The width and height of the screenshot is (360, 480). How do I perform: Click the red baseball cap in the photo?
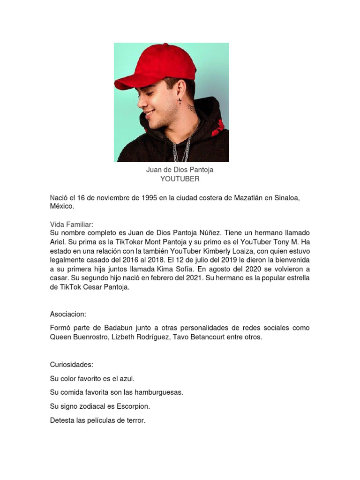tap(150, 66)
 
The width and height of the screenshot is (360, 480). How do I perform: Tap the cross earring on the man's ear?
tap(180, 102)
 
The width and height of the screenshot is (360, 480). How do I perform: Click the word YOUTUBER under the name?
tap(180, 179)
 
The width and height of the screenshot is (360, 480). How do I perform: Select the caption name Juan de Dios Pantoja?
tap(180, 170)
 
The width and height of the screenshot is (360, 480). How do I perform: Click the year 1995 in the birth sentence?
tap(147, 198)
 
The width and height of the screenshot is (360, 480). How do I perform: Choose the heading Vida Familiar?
tap(72, 225)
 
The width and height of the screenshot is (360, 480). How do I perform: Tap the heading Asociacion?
tap(68, 314)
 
